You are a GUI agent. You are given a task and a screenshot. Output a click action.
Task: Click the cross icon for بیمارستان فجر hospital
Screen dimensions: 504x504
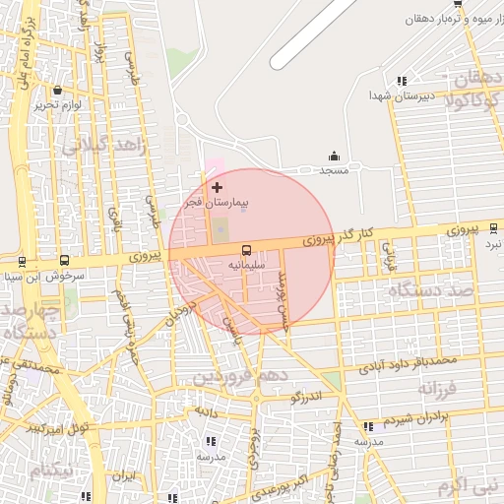(218, 186)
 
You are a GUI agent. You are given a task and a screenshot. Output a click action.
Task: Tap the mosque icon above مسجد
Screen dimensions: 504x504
(334, 156)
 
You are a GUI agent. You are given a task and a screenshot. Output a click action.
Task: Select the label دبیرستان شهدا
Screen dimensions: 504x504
(367, 95)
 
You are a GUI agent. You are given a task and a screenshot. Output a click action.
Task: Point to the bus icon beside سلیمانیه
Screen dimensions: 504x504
(246, 250)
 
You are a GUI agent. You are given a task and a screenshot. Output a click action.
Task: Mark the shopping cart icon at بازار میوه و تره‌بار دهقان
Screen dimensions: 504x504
(458, 5)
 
